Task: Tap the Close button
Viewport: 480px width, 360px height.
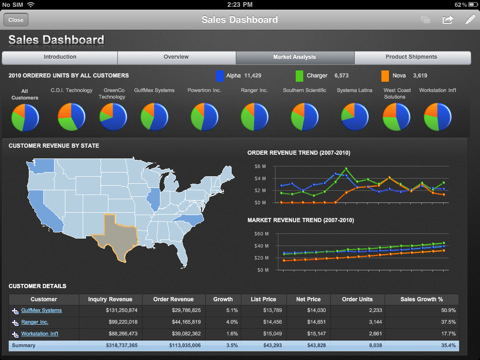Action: [16, 19]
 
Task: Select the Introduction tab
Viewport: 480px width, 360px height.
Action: [61, 58]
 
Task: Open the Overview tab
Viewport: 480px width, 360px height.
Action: [176, 58]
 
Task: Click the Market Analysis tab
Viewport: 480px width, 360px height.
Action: [295, 58]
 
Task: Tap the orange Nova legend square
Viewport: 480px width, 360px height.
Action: [387, 75]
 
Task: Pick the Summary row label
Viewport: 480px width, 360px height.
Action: [23, 345]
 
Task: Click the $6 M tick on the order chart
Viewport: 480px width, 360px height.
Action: [260, 166]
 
